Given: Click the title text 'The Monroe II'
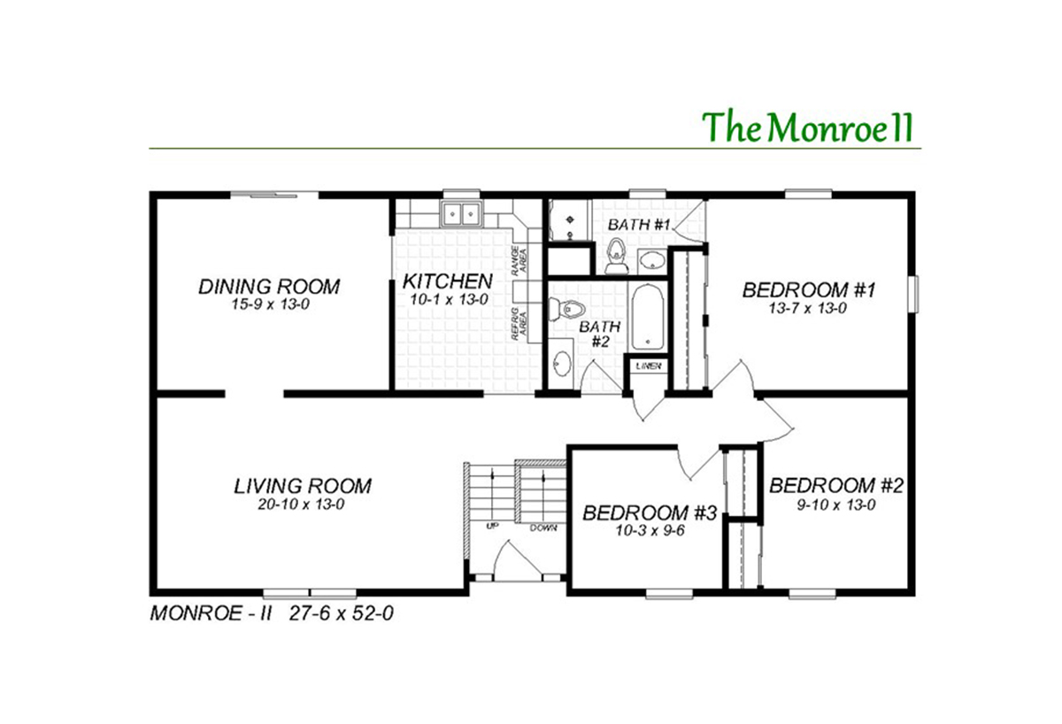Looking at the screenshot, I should pos(807,127).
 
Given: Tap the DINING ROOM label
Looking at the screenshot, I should pos(268,287).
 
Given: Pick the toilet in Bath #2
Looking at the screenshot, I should pos(567,309).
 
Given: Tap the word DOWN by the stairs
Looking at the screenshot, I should pos(543,528).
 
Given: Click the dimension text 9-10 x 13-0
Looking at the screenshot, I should pos(835,506).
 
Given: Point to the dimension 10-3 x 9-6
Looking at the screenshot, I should pos(649,533).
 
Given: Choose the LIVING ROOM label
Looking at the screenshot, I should pos(303,486).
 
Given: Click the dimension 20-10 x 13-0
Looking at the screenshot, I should pos(303,504).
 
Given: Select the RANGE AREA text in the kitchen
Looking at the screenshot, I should pos(519,262).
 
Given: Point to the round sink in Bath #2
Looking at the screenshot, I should pos(561,364).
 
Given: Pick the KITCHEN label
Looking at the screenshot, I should pos(447,281).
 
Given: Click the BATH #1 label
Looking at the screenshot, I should pos(637,225).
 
